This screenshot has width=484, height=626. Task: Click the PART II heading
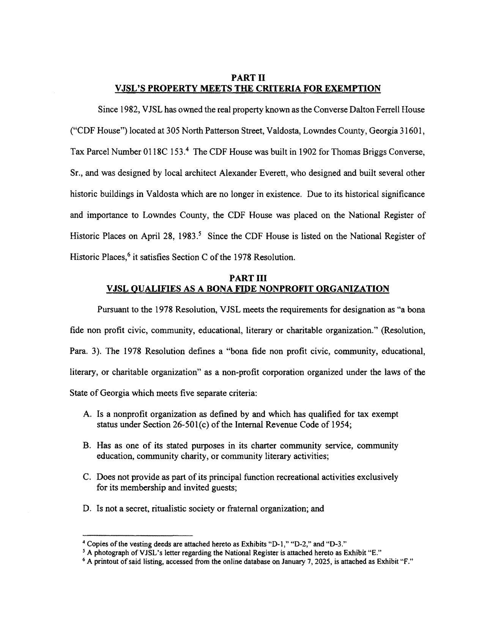(248, 78)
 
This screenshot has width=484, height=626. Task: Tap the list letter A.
(86, 414)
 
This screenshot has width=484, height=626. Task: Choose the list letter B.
(86, 445)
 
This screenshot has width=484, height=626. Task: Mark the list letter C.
(86, 477)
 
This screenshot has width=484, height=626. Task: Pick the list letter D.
(86, 508)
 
